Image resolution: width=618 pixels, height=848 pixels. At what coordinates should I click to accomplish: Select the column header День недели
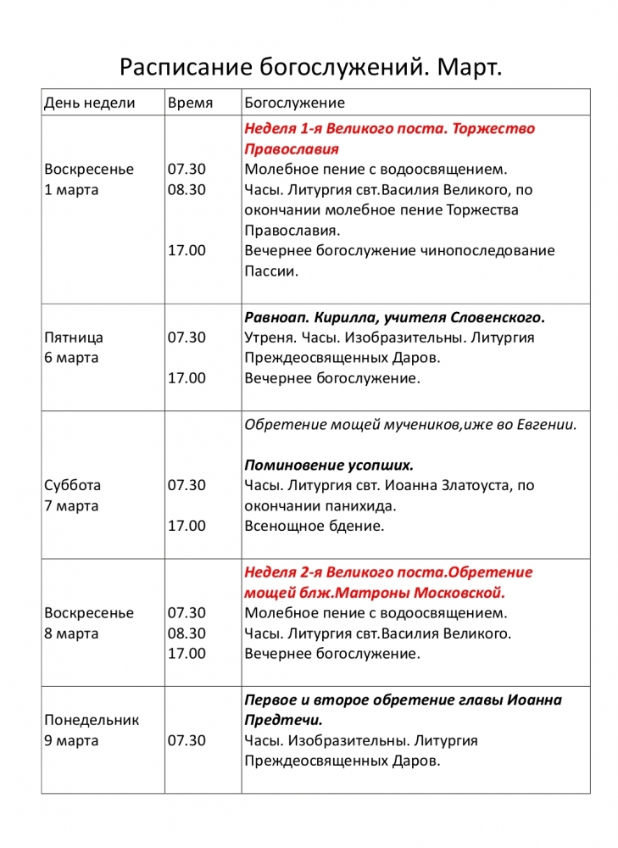[89, 103]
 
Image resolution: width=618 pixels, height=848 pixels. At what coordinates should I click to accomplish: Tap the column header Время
[190, 103]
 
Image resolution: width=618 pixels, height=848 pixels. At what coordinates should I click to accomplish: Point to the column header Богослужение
[294, 103]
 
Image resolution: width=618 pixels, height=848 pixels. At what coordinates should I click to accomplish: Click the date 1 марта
[71, 189]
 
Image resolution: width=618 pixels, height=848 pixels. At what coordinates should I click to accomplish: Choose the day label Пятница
[73, 337]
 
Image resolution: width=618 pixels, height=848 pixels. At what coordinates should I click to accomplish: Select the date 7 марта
[71, 505]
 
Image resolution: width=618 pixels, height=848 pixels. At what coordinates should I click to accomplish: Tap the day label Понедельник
[92, 720]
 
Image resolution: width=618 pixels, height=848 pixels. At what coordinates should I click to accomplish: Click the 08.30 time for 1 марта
[187, 189]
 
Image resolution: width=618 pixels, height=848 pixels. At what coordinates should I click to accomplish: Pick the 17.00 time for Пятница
[187, 377]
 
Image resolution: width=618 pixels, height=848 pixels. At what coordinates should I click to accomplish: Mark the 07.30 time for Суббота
[187, 485]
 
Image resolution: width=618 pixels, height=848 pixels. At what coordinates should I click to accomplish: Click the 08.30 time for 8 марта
[187, 633]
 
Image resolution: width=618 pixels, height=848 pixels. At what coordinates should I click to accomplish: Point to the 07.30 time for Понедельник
[187, 740]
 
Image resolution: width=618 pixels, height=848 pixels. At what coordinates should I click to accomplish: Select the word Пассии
[270, 271]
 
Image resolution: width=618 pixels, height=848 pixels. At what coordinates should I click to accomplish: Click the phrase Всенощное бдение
[315, 526]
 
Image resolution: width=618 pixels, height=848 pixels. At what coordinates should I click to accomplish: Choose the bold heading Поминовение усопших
[329, 465]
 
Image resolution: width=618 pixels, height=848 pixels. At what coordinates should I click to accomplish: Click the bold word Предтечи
[283, 720]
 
